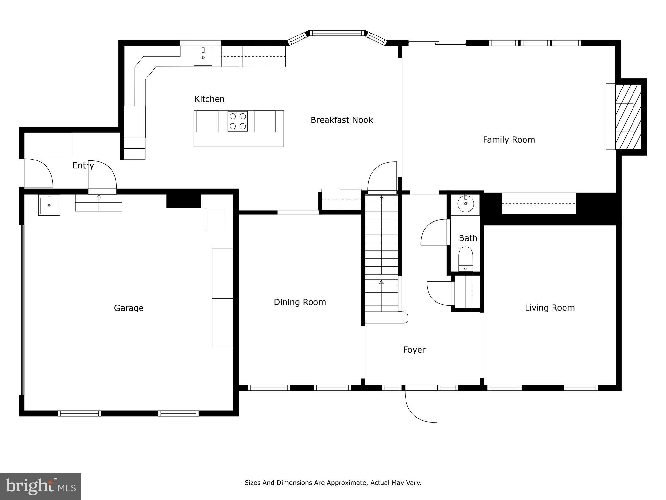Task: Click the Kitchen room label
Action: pos(209,99)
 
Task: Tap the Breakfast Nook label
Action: pos(341,120)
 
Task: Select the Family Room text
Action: pos(509,140)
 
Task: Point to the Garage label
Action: pos(129,308)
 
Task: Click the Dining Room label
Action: pos(300,302)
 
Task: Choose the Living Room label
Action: pos(550,308)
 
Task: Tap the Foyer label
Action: pos(414,350)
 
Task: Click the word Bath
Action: pos(468,238)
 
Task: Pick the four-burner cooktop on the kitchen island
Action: pos(238,121)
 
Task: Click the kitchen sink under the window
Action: pos(203,57)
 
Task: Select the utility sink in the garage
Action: pos(49,205)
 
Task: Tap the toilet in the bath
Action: pos(465,259)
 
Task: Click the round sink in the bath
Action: pos(466,204)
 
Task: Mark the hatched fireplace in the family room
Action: pos(628,117)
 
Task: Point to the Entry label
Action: pos(83,166)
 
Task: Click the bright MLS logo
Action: pos(41,486)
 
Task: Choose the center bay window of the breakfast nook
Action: pos(337,33)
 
